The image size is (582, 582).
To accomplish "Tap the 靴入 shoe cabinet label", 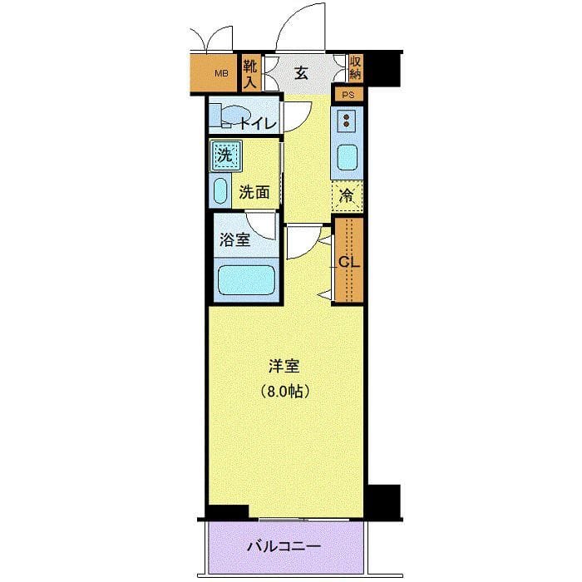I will pyautogui.click(x=249, y=73).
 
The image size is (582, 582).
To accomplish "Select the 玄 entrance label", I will pyautogui.click(x=301, y=73).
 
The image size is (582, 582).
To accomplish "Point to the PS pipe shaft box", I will pyautogui.click(x=348, y=95).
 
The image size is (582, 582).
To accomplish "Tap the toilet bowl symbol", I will pyautogui.click(x=234, y=116).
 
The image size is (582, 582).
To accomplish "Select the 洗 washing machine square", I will pyautogui.click(x=224, y=154).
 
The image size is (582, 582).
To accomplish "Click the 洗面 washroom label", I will pyautogui.click(x=254, y=192).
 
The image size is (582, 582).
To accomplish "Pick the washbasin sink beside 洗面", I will pyautogui.click(x=220, y=191).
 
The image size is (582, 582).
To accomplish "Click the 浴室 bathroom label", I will pyautogui.click(x=234, y=241).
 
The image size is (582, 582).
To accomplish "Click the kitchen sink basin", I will pyautogui.click(x=347, y=158).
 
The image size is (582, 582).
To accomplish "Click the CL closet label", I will pyautogui.click(x=348, y=261).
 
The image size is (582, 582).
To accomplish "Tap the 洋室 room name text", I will pyautogui.click(x=284, y=365).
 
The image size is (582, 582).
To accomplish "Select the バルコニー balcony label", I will pyautogui.click(x=283, y=547).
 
